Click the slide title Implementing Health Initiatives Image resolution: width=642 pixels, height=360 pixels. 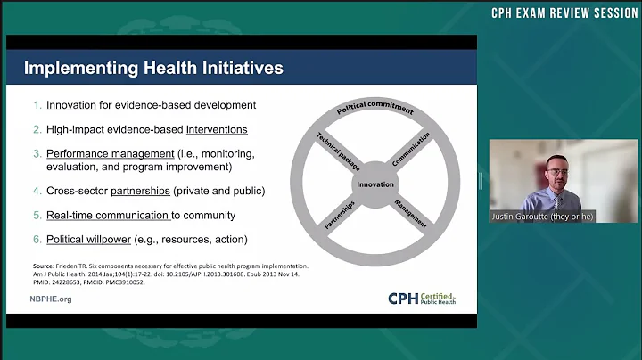pos(153,68)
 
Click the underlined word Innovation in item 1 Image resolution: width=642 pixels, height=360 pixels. pos(71,105)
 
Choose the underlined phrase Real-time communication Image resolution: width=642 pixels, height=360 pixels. pos(107,215)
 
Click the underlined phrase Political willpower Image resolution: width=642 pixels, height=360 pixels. pos(97,240)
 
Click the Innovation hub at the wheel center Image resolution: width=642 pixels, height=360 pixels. pos(374,184)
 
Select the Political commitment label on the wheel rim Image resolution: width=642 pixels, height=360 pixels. pos(374,110)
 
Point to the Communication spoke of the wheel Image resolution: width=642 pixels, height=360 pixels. pos(411,149)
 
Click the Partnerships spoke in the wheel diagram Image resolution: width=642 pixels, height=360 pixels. pos(339,217)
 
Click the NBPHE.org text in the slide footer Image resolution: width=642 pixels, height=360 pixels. pos(51,299)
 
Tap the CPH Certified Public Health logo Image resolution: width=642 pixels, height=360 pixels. pos(422,299)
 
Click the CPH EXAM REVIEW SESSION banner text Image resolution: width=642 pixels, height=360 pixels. pos(566,13)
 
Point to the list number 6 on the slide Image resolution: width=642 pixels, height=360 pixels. pos(37,240)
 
